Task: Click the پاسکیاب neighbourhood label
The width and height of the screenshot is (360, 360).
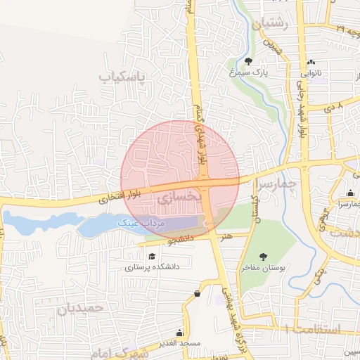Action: click(x=125, y=76)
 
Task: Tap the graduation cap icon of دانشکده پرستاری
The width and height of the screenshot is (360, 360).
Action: click(x=153, y=256)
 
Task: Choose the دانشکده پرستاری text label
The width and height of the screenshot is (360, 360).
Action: click(x=153, y=267)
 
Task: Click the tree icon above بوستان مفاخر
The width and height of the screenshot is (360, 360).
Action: click(x=264, y=257)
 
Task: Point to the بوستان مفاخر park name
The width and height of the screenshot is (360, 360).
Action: click(x=264, y=268)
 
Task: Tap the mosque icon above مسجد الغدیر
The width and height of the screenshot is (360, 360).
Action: click(x=180, y=332)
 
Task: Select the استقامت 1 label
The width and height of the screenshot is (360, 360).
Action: click(x=313, y=329)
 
